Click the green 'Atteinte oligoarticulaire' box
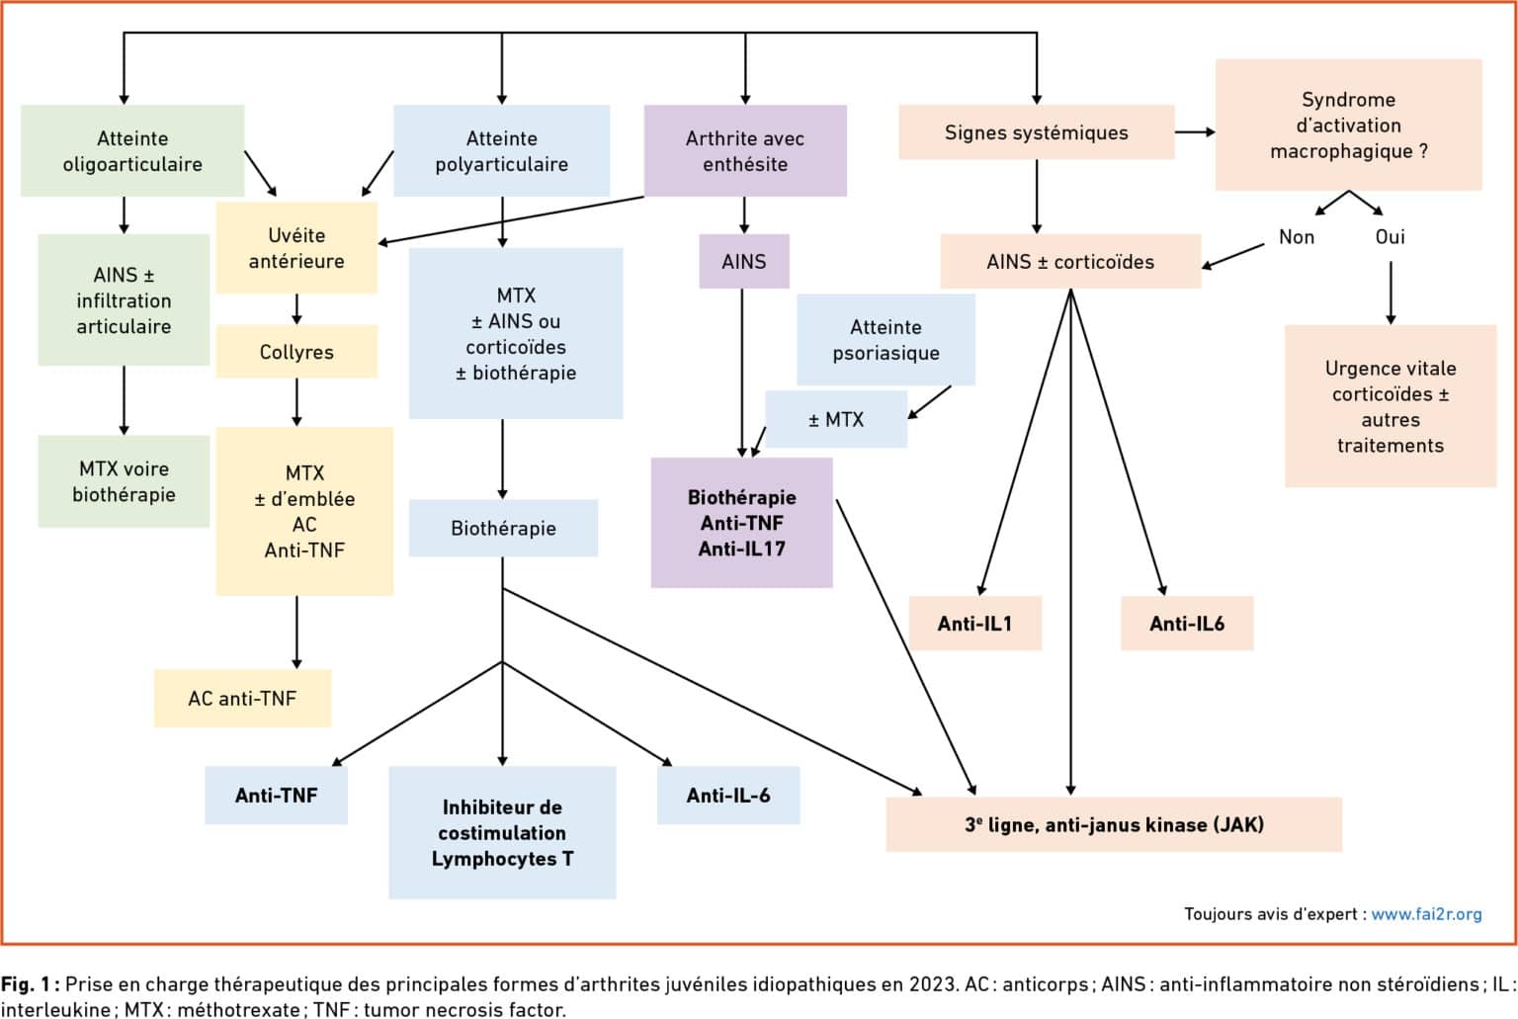click(x=132, y=150)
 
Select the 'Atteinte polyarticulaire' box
click(x=501, y=150)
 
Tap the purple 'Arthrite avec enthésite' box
click(x=745, y=150)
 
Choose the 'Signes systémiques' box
click(x=1036, y=132)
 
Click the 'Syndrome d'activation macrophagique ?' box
click(x=1349, y=125)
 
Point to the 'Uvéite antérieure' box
click(x=296, y=248)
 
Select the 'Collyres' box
click(x=296, y=352)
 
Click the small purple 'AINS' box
click(x=744, y=262)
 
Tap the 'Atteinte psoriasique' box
click(x=885, y=339)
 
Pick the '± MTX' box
click(x=836, y=419)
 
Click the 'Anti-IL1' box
click(x=975, y=624)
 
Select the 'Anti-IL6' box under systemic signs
click(x=1187, y=624)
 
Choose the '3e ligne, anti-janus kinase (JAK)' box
click(x=1114, y=824)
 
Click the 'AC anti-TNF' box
click(x=242, y=699)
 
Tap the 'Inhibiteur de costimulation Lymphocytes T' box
click(x=502, y=832)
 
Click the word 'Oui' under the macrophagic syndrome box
click(x=1390, y=237)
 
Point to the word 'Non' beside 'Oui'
click(x=1297, y=237)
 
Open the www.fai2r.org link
click(x=1426, y=914)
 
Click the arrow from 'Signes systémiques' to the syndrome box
click(x=1195, y=132)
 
